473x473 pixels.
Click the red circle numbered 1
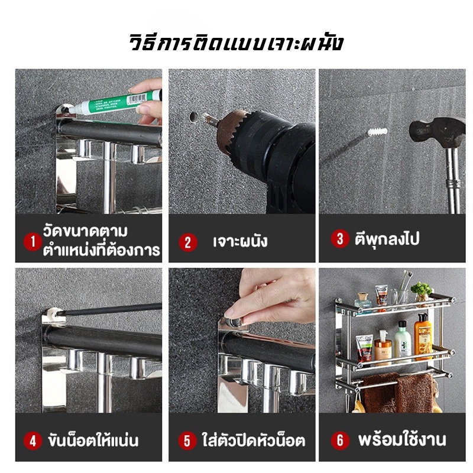[x=33, y=241]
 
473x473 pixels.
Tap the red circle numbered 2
[x=187, y=242]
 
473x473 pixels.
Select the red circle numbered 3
[x=340, y=239]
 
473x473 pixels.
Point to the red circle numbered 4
[x=33, y=440]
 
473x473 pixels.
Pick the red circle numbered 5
[x=187, y=440]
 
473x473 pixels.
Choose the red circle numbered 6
[x=340, y=440]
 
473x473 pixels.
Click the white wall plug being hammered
[x=377, y=131]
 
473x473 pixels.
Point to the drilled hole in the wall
[x=194, y=117]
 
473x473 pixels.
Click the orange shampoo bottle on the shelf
[x=423, y=337]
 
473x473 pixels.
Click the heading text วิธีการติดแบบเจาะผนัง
[x=236, y=43]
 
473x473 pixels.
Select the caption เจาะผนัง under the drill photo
[x=240, y=241]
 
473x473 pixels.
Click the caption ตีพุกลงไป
[x=387, y=239]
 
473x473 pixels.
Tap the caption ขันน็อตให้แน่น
[x=93, y=440]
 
